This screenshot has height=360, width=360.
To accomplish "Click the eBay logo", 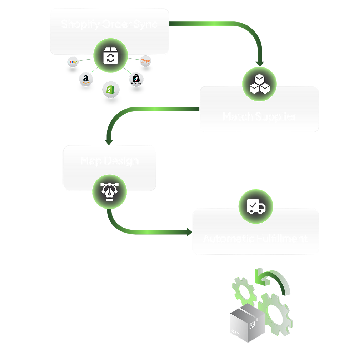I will (x=73, y=62).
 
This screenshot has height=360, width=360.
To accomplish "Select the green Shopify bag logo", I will (x=111, y=89).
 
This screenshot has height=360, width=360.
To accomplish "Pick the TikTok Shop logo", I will (x=136, y=79).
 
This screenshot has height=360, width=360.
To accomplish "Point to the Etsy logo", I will (x=145, y=61).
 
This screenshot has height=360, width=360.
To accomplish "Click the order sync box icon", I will (x=110, y=56).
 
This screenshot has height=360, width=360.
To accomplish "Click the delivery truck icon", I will (x=256, y=206).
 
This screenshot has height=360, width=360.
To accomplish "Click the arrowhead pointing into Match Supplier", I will (x=260, y=63).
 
